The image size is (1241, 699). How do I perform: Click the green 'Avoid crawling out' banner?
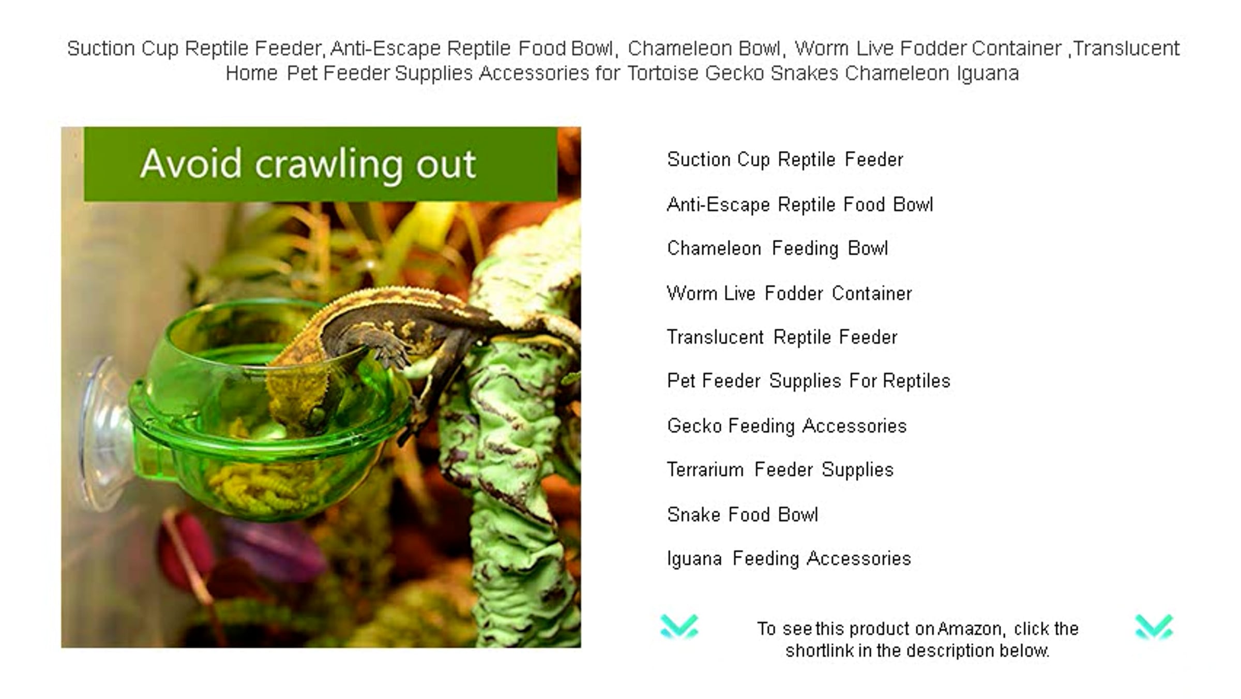coord(321,164)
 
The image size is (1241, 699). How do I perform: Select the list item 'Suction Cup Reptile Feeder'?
coord(785,160)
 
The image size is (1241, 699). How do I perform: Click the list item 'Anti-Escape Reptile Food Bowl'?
coord(800,205)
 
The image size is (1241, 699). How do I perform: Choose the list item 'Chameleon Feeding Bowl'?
coord(778,249)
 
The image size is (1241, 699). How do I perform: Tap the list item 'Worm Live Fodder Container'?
coord(790,294)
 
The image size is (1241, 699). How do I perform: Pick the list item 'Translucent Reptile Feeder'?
coord(782,338)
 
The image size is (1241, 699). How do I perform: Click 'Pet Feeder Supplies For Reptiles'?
coord(809,381)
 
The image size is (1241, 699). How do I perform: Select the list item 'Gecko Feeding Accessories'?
coord(787,426)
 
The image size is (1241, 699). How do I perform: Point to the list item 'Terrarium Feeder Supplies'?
coord(780,470)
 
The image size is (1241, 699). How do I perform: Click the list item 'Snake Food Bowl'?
coord(743,515)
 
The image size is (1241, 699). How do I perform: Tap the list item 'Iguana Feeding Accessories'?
coord(789,559)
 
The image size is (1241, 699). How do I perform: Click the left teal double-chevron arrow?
coord(679,627)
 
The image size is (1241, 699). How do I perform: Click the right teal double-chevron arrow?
coord(1154,627)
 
